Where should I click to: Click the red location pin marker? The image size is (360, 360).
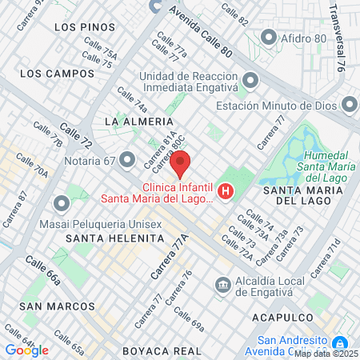click(x=180, y=163)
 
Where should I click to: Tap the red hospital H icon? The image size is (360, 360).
click(x=226, y=192)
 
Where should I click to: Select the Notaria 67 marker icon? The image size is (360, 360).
click(x=126, y=160)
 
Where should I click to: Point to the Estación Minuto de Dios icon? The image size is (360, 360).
click(x=349, y=105)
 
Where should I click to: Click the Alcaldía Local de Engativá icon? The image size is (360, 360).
click(x=222, y=284)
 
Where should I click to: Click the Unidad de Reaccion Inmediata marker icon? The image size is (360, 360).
click(x=251, y=80)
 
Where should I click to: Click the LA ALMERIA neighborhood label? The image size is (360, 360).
click(x=133, y=121)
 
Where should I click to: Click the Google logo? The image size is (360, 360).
click(x=26, y=350)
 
